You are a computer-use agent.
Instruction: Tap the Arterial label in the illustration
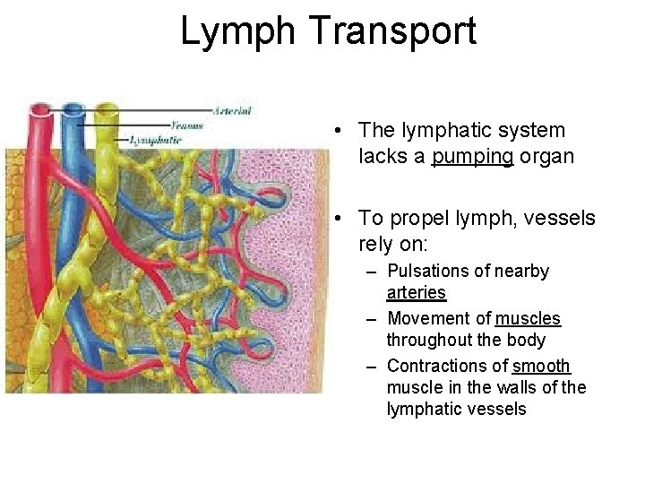(x=233, y=111)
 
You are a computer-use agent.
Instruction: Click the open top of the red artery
(x=40, y=111)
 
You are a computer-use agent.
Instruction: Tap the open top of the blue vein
(x=73, y=112)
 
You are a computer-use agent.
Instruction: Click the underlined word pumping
(x=473, y=157)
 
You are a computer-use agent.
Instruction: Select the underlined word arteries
(x=416, y=293)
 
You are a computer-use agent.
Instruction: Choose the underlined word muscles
(x=528, y=318)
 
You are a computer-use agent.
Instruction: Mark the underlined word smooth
(x=541, y=366)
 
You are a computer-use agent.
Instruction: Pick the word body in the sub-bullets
(x=527, y=341)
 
